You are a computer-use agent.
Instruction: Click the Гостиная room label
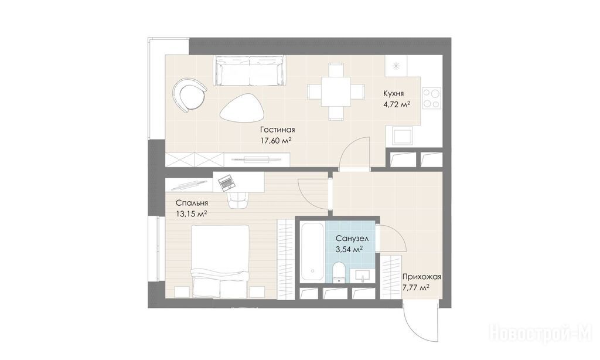(277, 130)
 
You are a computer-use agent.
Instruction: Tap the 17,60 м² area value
(277, 141)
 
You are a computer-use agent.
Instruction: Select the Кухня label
(394, 93)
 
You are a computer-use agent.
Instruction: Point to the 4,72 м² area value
(397, 104)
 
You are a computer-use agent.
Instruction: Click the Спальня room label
(192, 203)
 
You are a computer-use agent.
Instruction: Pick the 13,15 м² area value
(192, 213)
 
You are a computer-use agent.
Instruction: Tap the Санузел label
(352, 239)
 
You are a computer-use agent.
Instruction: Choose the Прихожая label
(422, 277)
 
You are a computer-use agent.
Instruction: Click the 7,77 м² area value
(415, 287)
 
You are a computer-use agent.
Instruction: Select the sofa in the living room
(250, 70)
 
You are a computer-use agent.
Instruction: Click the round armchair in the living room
(189, 94)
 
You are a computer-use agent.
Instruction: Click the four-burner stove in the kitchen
(432, 98)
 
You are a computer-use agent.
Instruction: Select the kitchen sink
(401, 137)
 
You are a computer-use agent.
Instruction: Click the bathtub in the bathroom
(312, 252)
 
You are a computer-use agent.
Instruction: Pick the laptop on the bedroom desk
(226, 182)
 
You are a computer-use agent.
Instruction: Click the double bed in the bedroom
(220, 261)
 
